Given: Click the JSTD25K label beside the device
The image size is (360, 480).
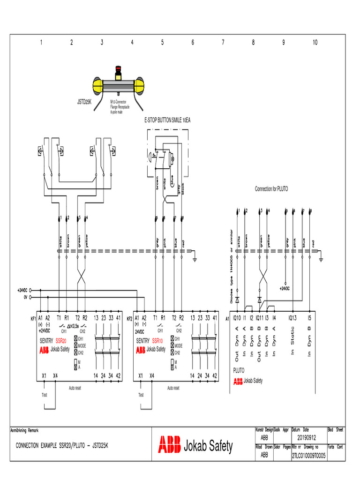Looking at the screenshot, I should click(84, 101).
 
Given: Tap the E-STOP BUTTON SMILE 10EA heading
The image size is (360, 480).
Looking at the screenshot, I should click(167, 120).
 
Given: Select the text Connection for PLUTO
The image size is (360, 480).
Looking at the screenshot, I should click(271, 189).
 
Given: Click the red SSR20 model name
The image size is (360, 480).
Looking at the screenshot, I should click(61, 340).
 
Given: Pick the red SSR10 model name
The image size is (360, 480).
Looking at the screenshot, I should click(157, 340).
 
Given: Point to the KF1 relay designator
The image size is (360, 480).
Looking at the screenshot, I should click(34, 318).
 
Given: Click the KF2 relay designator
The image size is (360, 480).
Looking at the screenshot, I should click(130, 318).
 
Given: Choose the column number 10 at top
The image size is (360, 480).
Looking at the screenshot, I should click(315, 42).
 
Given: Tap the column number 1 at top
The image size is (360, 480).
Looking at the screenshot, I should click(41, 42).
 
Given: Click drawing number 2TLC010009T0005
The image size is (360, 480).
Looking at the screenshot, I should click(308, 455).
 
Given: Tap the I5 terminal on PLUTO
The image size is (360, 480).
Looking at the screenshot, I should click(310, 318).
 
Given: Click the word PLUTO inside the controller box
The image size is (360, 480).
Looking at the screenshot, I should click(239, 370).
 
